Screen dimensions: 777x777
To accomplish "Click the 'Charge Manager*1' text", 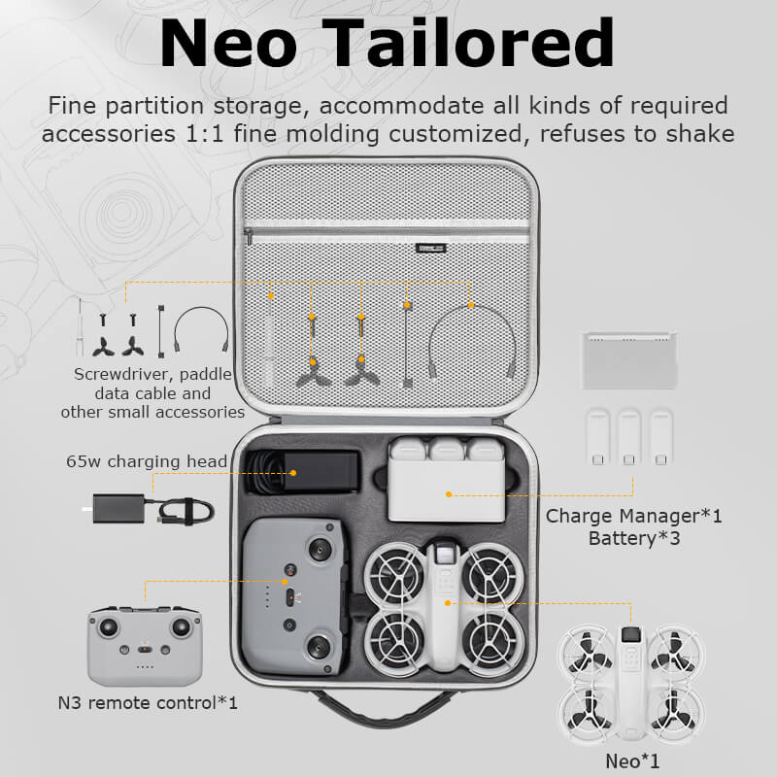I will (634, 516).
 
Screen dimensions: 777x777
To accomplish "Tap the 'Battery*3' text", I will (634, 537).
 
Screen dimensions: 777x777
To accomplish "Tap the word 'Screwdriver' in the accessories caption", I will (116, 375).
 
